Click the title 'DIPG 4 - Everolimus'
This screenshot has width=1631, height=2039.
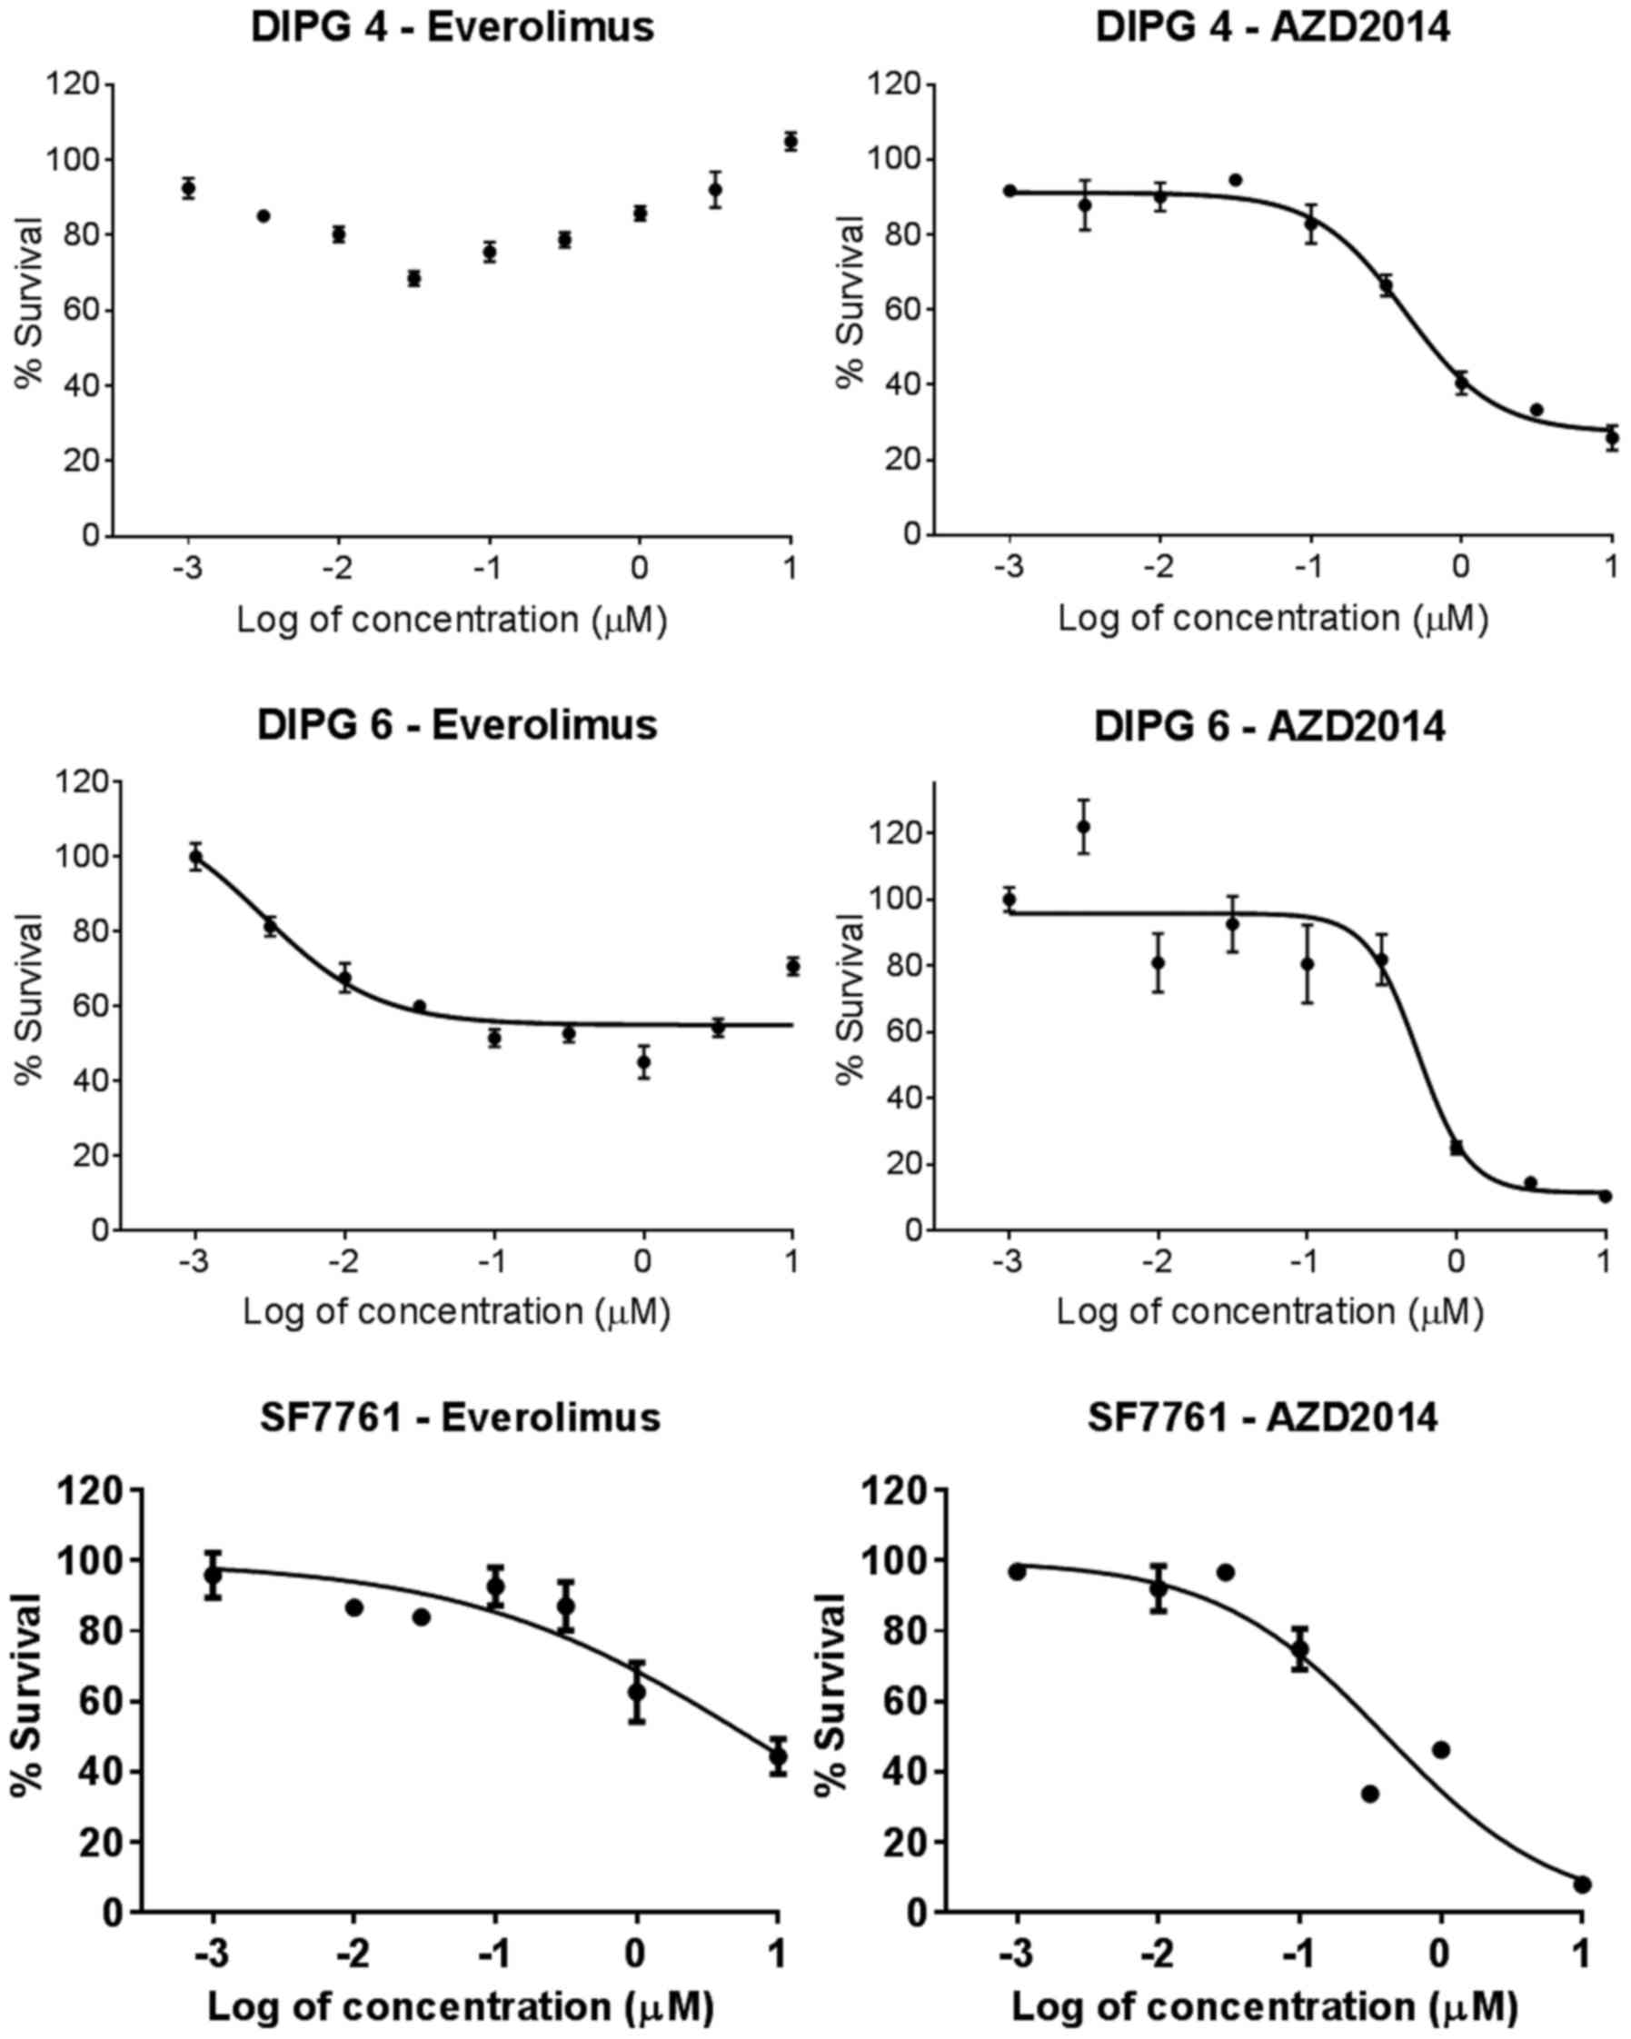(452, 27)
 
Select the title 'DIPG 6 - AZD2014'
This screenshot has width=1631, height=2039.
(1268, 726)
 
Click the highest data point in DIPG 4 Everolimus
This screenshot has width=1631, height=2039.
(791, 141)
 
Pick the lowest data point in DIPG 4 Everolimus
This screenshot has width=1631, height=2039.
(413, 278)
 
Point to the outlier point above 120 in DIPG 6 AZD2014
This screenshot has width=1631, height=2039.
(1084, 827)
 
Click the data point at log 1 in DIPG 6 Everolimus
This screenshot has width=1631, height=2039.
(792, 966)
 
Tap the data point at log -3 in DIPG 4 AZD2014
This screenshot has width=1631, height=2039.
(1009, 191)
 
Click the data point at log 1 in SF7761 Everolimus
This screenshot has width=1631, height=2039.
(778, 1756)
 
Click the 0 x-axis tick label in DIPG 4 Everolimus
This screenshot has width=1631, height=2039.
(640, 569)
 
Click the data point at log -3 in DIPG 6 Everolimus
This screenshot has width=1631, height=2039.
(195, 858)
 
